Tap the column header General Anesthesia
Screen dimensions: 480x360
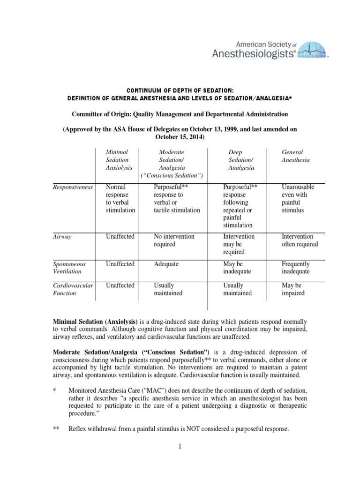pos(292,156)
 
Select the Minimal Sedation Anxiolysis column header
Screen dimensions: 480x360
pos(117,160)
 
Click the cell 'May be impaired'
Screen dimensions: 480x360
pos(293,289)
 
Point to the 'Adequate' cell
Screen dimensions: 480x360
pos(167,264)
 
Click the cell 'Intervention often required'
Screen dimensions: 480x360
pos(300,240)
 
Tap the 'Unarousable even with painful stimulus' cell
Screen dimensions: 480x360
pos(298,199)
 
